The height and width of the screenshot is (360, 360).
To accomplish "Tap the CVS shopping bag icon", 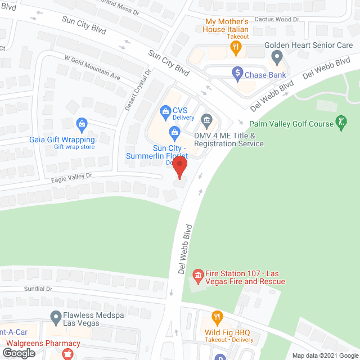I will (165, 110).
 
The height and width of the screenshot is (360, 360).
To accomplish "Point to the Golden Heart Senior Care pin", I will (276, 56).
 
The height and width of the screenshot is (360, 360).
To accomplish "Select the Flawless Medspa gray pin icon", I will (55, 317).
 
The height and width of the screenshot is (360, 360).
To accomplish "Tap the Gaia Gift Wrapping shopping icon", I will (82, 123).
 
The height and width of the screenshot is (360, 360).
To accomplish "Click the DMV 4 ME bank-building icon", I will (207, 119).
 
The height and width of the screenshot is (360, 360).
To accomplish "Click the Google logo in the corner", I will (18, 353).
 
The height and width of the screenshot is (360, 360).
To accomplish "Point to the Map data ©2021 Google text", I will (325, 355).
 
